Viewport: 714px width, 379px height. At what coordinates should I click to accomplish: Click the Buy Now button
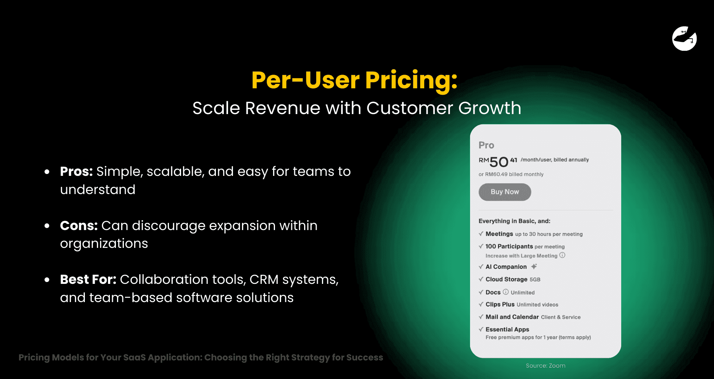coord(505,192)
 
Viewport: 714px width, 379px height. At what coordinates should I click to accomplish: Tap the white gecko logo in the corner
coord(684,39)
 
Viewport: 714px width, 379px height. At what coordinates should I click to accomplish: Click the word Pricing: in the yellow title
coord(411,80)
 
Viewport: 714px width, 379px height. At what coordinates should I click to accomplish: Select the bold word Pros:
coord(77,172)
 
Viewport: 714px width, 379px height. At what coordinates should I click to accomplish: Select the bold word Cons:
coord(79,226)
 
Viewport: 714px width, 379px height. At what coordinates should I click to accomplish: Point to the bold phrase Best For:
coord(88,280)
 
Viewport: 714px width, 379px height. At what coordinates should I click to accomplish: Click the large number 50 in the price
coord(498,162)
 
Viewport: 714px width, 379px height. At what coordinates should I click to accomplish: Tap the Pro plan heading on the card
coord(486,146)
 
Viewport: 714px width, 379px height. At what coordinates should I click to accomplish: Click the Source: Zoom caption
coord(545,366)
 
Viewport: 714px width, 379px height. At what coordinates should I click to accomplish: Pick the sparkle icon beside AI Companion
coord(534,266)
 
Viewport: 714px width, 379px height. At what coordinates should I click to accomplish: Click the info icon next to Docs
coord(506,292)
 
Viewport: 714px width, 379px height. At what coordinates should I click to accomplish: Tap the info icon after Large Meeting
coord(562,255)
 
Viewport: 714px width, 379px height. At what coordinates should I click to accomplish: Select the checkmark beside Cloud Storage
coord(481,279)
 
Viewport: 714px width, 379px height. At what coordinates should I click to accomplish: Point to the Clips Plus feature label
coord(500,304)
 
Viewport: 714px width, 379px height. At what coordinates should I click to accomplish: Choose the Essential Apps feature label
coord(507,329)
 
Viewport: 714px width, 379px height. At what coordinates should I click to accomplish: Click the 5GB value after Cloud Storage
coord(535,280)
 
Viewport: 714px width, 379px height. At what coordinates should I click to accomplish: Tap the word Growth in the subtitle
coord(489,108)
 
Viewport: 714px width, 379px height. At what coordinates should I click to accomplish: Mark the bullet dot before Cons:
coord(47,226)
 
